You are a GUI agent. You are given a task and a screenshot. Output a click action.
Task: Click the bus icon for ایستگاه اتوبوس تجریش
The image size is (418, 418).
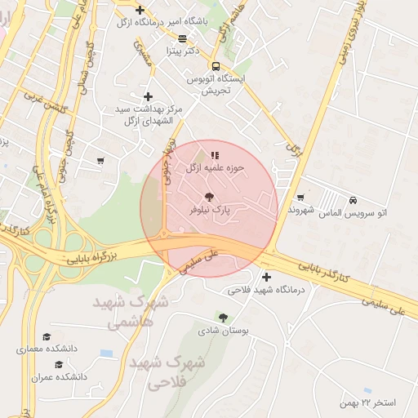point(215,66)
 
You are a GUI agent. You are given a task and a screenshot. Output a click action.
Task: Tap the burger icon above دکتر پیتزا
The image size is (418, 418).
point(181,38)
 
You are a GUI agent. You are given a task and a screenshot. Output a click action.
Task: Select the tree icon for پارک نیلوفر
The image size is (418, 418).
point(209,196)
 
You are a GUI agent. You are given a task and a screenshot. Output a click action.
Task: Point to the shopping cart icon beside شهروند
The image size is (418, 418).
point(300,197)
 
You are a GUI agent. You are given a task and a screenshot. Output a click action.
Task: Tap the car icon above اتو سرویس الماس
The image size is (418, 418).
point(352,199)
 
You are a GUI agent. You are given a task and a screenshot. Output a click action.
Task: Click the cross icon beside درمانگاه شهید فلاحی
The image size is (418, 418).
point(266,277)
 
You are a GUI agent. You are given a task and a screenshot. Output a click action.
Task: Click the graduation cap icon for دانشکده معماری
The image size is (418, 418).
point(47,336)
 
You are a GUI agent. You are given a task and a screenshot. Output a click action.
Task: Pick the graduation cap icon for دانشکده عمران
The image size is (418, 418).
point(58,365)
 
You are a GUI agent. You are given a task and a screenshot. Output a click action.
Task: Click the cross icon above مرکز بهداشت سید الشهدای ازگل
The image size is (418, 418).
point(148,96)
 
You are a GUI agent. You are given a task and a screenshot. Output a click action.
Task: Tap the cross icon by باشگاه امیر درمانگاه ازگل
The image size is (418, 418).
point(140,11)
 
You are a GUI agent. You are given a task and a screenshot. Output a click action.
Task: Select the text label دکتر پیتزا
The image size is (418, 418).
point(181,51)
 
